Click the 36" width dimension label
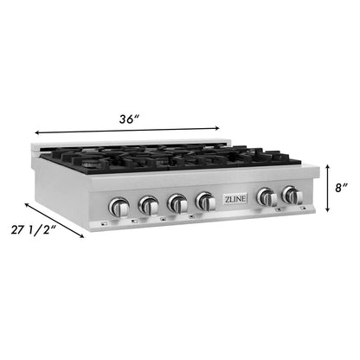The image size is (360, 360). pyautogui.click(x=130, y=119)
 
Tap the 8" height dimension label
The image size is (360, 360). pyautogui.click(x=341, y=188)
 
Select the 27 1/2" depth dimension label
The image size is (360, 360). pyautogui.click(x=34, y=230)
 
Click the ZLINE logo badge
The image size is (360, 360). pyautogui.click(x=235, y=199)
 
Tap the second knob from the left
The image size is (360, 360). pyautogui.click(x=149, y=205)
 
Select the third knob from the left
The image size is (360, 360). pyautogui.click(x=177, y=203)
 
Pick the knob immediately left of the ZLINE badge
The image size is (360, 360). pyautogui.click(x=205, y=202)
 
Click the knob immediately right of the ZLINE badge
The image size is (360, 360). pyautogui.click(x=267, y=197)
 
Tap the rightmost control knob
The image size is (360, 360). pyautogui.click(x=292, y=196)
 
